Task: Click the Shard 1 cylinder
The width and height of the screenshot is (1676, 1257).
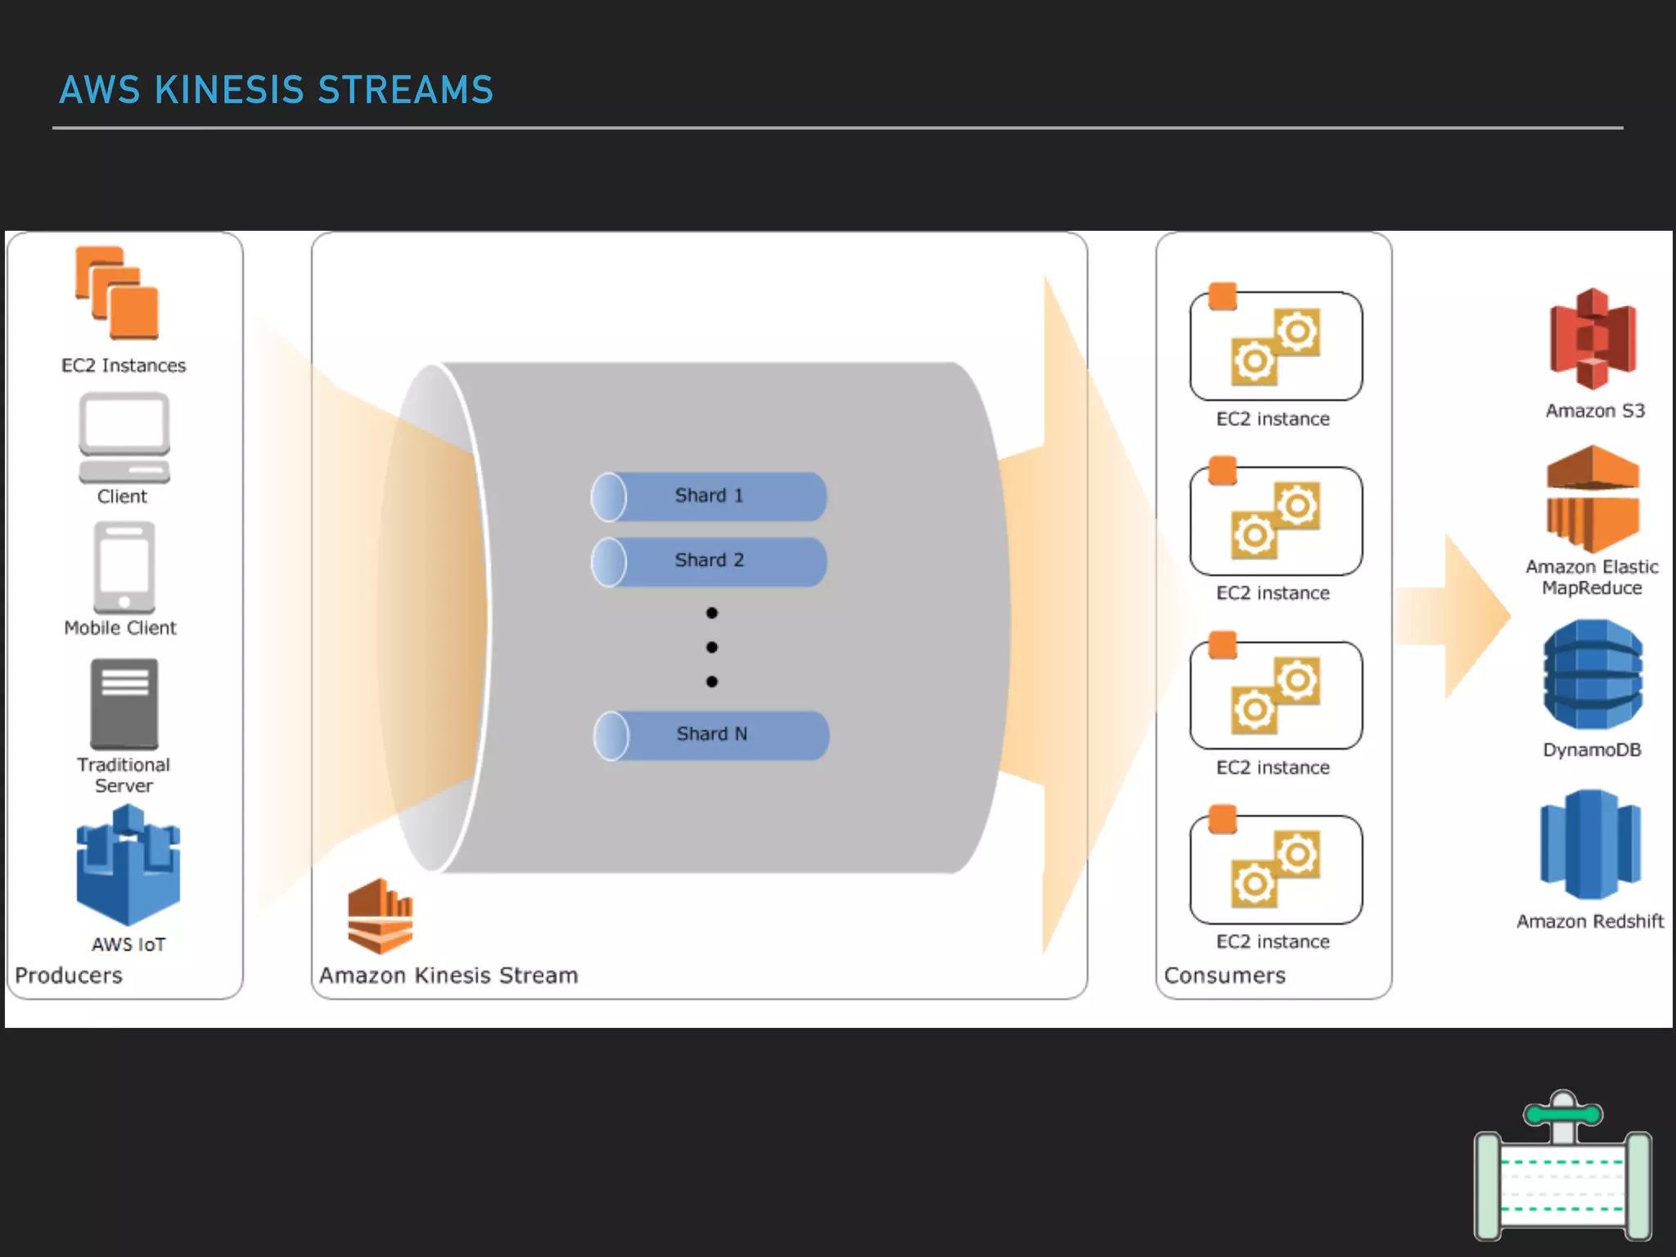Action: [x=709, y=496]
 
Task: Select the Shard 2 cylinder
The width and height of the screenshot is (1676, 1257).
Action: [x=709, y=561]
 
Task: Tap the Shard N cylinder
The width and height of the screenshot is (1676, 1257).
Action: [x=711, y=735]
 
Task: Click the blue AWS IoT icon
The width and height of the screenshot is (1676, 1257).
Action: [x=128, y=866]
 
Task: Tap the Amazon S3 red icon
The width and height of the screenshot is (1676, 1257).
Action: [x=1593, y=338]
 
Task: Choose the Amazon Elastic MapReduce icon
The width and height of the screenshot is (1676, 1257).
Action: [x=1593, y=498]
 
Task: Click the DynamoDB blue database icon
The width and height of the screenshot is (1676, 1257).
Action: [x=1593, y=674]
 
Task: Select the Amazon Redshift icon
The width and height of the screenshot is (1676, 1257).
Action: [x=1590, y=845]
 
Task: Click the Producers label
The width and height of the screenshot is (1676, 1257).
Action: [x=69, y=975]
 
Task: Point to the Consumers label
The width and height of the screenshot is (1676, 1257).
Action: [x=1224, y=975]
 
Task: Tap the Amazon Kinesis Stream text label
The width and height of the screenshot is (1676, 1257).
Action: [x=448, y=975]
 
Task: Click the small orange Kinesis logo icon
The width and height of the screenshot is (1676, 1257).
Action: [x=381, y=916]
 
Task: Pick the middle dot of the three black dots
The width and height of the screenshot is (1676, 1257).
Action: [x=712, y=647]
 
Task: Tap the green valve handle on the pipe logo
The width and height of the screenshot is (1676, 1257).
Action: [x=1563, y=1114]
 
